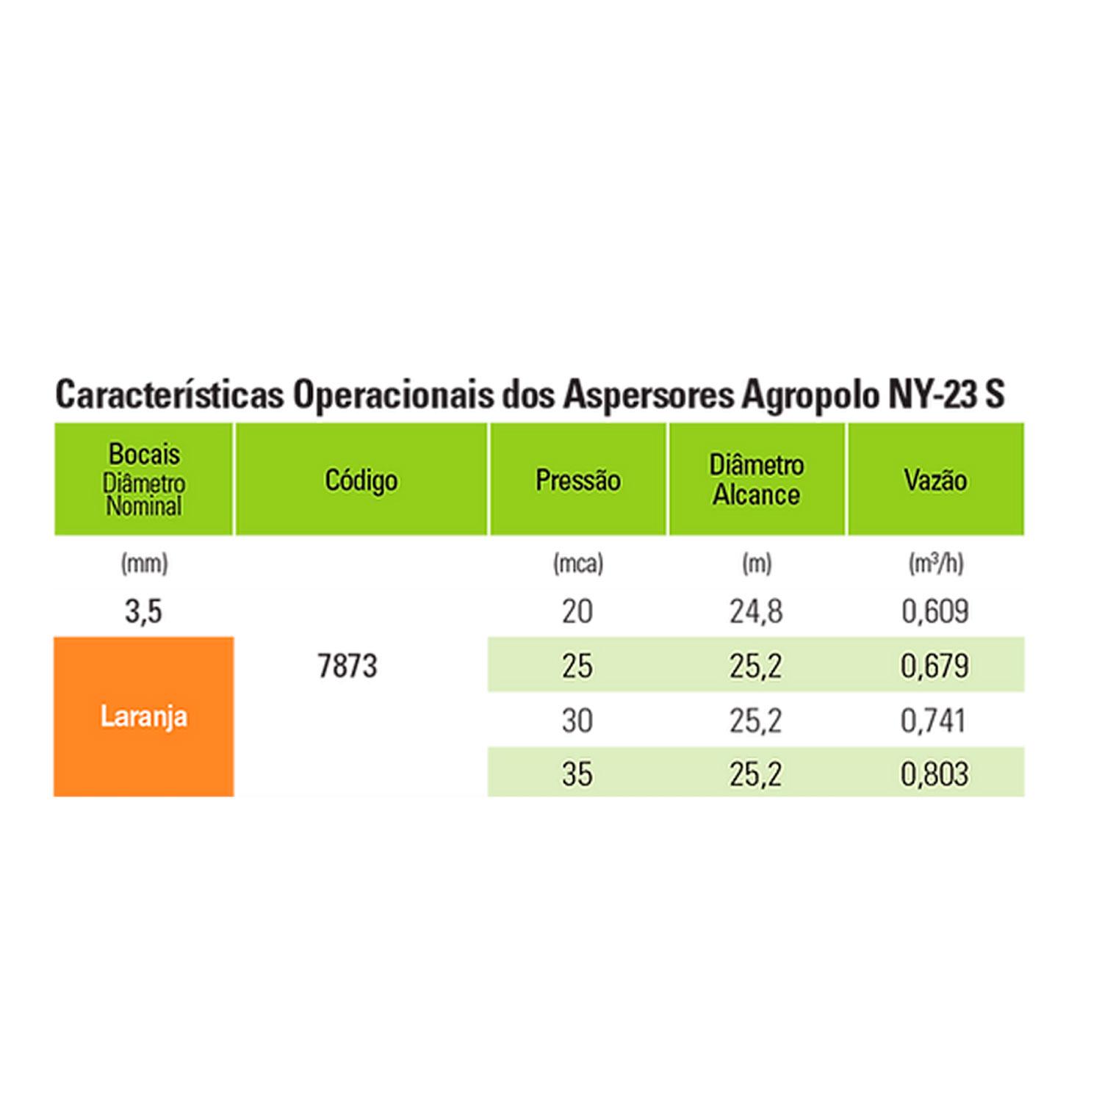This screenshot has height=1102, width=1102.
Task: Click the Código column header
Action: pos(361,480)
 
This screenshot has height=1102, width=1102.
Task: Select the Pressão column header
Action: pos(577,480)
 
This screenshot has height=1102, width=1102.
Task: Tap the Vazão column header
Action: pos(934,480)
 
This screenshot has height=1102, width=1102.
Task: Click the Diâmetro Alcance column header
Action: pos(756,480)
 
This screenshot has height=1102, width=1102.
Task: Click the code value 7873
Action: pos(347,666)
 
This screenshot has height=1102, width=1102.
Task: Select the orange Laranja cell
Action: pos(144,716)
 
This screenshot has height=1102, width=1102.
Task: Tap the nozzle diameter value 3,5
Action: pos(143,611)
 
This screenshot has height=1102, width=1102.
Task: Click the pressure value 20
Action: pos(577,611)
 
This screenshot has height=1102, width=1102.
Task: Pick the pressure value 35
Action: pos(577,774)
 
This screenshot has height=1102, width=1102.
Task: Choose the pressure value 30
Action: pos(577,721)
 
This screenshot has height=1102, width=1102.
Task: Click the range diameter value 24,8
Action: pos(756,611)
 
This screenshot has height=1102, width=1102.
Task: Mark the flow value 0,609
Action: pos(934,611)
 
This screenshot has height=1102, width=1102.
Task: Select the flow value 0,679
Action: pos(934,666)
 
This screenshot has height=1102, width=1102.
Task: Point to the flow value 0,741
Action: pos(933,721)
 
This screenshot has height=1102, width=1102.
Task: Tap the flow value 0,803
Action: pos(934,774)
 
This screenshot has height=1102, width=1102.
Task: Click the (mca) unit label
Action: pos(577,563)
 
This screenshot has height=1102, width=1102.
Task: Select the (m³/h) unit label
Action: pos(934,563)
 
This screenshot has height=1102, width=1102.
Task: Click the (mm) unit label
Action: pos(144,563)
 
